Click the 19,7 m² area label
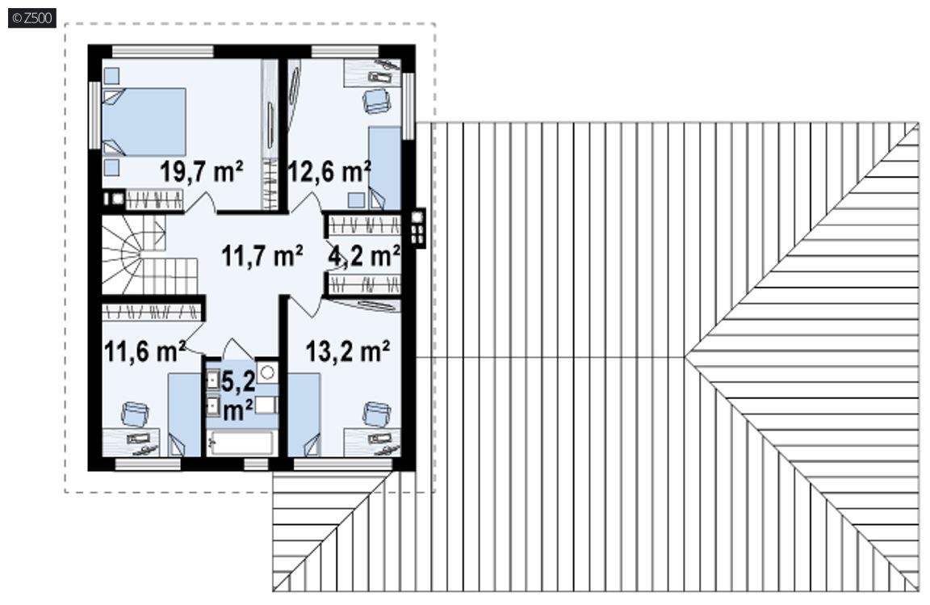[202, 171]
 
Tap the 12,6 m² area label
[329, 171]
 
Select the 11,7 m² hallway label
[262, 255]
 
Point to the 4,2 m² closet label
[364, 255]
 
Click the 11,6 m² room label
[145, 351]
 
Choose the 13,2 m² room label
[348, 351]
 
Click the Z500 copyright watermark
[32, 19]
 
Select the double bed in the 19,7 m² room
[144, 122]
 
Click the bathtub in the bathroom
[241, 443]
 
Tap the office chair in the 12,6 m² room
[377, 99]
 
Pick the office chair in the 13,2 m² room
[377, 414]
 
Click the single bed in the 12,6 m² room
[385, 167]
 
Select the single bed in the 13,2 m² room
[304, 414]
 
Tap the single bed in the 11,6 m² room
[184, 414]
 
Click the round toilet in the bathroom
[268, 372]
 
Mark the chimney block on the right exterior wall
[419, 228]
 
